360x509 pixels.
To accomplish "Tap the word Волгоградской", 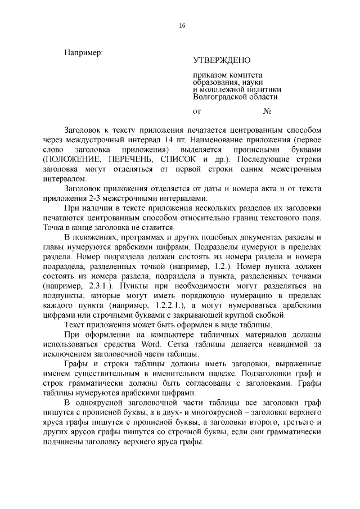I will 219,96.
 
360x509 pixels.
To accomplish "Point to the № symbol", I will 268,111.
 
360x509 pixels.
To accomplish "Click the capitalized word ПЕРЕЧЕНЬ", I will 129,159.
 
